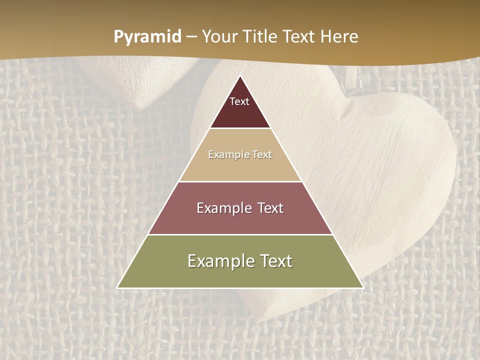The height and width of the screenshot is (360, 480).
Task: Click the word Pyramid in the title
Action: pos(147,37)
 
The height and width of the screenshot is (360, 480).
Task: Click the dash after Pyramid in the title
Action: pos(191,37)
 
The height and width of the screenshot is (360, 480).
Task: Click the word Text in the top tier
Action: pos(239,101)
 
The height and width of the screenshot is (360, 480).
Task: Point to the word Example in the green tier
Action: pos(218,261)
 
